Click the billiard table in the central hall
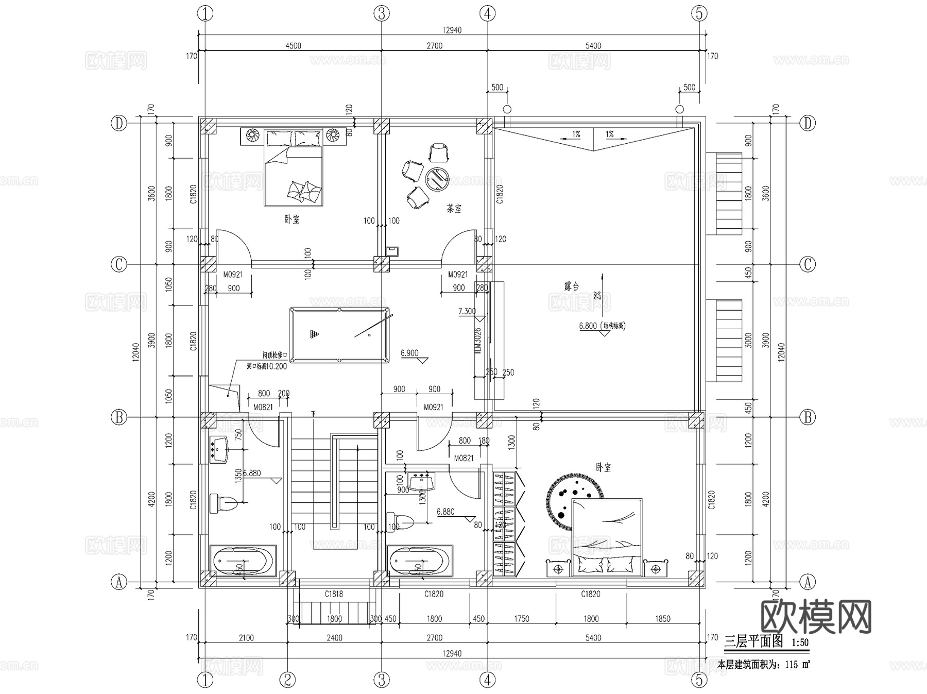coord(339,335)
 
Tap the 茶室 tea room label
coord(454,209)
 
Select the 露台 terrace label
coord(571,286)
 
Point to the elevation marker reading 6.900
coord(410,353)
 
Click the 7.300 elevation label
coord(467,311)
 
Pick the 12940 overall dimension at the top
coord(452,30)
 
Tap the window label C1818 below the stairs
coord(334,594)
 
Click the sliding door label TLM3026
coord(477,341)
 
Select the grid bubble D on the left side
coord(119,124)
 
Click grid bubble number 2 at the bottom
coord(287,680)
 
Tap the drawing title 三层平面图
coord(753,641)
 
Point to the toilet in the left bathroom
coord(223,502)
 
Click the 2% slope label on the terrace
coord(598,296)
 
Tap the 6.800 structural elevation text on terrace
coord(602,326)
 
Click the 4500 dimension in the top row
coord(293,45)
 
